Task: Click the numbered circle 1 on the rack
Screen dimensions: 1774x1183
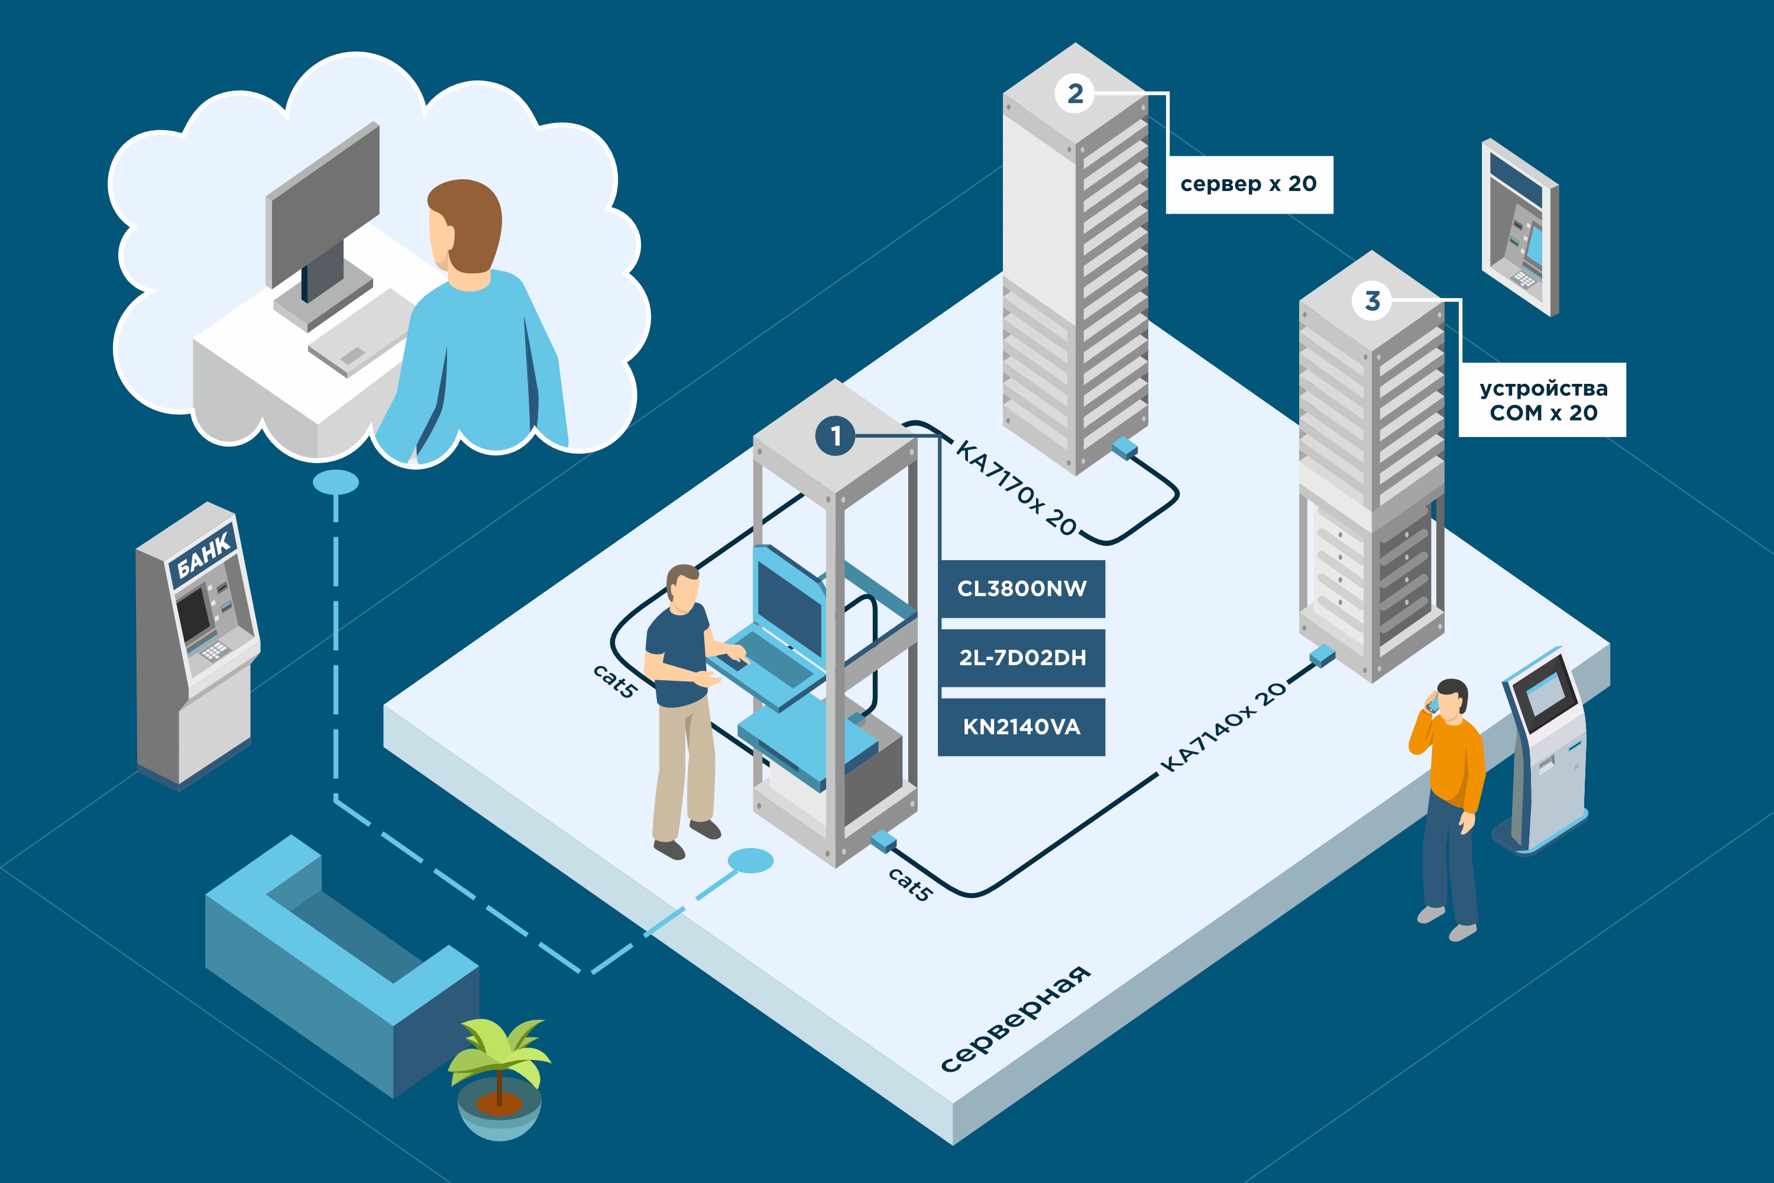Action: (x=835, y=436)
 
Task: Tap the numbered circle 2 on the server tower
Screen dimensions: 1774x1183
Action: (x=1075, y=93)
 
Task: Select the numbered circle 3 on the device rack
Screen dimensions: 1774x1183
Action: (x=1372, y=301)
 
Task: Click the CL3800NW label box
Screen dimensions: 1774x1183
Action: (x=1022, y=589)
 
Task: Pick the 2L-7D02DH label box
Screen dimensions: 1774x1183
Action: (x=1022, y=658)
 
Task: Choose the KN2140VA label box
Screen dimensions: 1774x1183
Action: (x=1022, y=726)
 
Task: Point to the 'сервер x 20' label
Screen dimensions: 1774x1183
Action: (x=1249, y=185)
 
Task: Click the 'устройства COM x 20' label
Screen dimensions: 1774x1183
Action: (x=1542, y=400)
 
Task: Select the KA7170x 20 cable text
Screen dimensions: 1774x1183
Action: (x=1017, y=488)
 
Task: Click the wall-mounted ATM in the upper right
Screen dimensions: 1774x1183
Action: (x=1520, y=227)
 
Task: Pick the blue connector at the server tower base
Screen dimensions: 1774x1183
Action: (x=1125, y=447)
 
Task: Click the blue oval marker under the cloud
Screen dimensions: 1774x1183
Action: (x=336, y=482)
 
